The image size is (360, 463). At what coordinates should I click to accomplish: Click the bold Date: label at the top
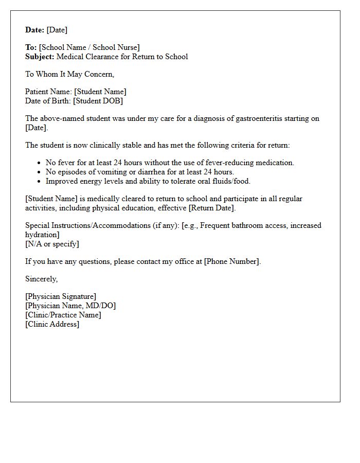pyautogui.click(x=35, y=30)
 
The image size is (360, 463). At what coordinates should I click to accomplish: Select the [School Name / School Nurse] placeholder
pyautogui.click(x=89, y=47)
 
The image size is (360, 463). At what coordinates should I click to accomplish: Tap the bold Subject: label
pyautogui.click(x=40, y=57)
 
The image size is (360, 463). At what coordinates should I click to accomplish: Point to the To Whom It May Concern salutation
pyautogui.click(x=70, y=74)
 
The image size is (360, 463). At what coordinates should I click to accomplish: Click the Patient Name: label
pyautogui.click(x=49, y=92)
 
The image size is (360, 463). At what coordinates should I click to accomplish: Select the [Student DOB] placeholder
pyautogui.click(x=98, y=101)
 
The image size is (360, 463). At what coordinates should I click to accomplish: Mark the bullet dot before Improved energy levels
pyautogui.click(x=39, y=182)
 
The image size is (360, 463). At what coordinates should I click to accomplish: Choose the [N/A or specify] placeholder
pyautogui.click(x=52, y=244)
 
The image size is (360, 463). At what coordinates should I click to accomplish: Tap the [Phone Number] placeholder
pyautogui.click(x=232, y=261)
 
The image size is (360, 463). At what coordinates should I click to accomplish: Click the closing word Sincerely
pyautogui.click(x=42, y=279)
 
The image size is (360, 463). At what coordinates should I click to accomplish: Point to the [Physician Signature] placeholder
pyautogui.click(x=61, y=296)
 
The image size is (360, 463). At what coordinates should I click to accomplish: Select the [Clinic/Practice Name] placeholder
pyautogui.click(x=63, y=315)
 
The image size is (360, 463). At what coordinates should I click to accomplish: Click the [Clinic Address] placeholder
pyautogui.click(x=52, y=324)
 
